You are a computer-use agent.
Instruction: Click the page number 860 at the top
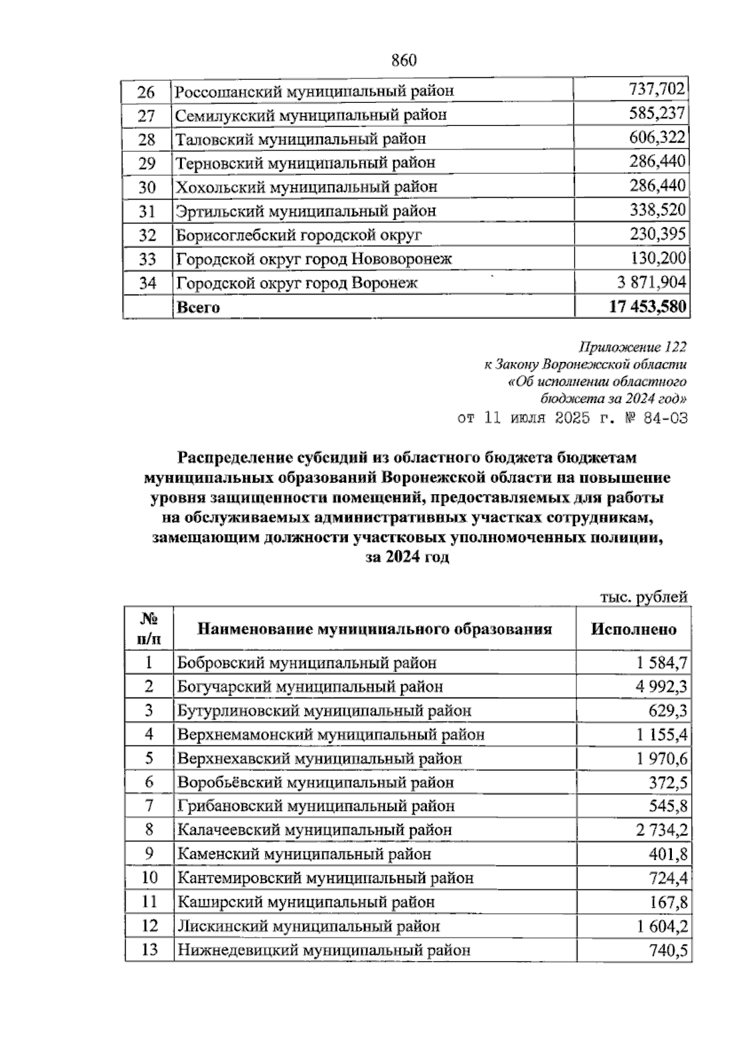[403, 60]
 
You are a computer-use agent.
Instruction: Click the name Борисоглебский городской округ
[299, 235]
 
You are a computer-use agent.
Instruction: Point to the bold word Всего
[198, 307]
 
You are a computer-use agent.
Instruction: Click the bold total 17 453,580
[647, 307]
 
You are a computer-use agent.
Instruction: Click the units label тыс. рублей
[644, 597]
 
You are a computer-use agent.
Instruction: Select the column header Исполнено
[633, 629]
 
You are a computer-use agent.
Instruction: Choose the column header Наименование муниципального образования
[374, 629]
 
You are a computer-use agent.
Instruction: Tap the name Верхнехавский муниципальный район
[320, 758]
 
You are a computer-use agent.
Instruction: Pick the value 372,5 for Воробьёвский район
[668, 782]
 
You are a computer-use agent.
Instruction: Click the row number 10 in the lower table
[149, 878]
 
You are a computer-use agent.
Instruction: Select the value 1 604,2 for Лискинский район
[661, 926]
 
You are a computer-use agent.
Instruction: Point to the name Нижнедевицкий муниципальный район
[324, 950]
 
